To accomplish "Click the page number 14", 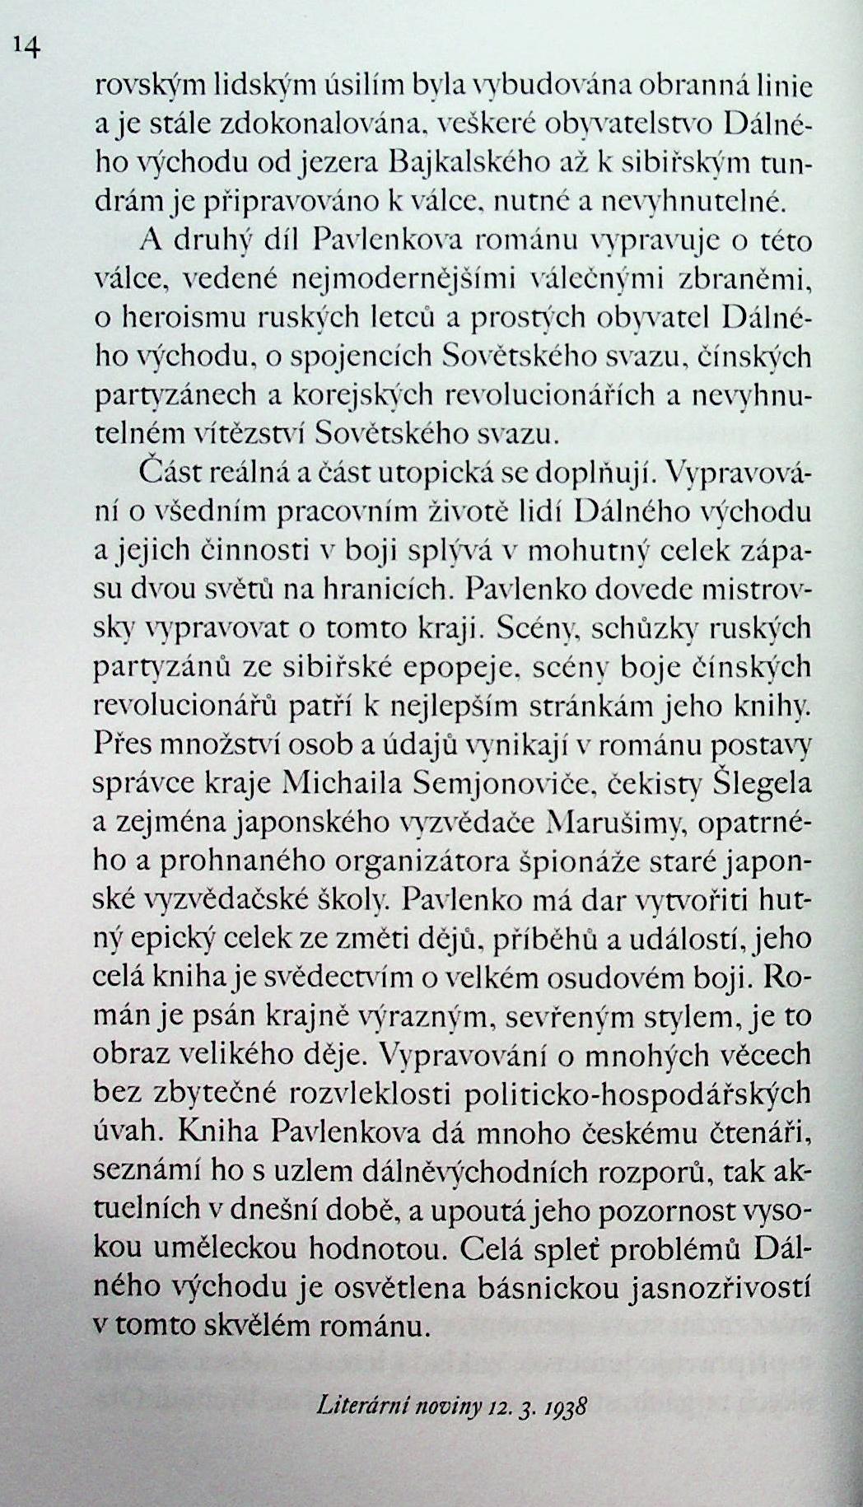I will click(x=26, y=49).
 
